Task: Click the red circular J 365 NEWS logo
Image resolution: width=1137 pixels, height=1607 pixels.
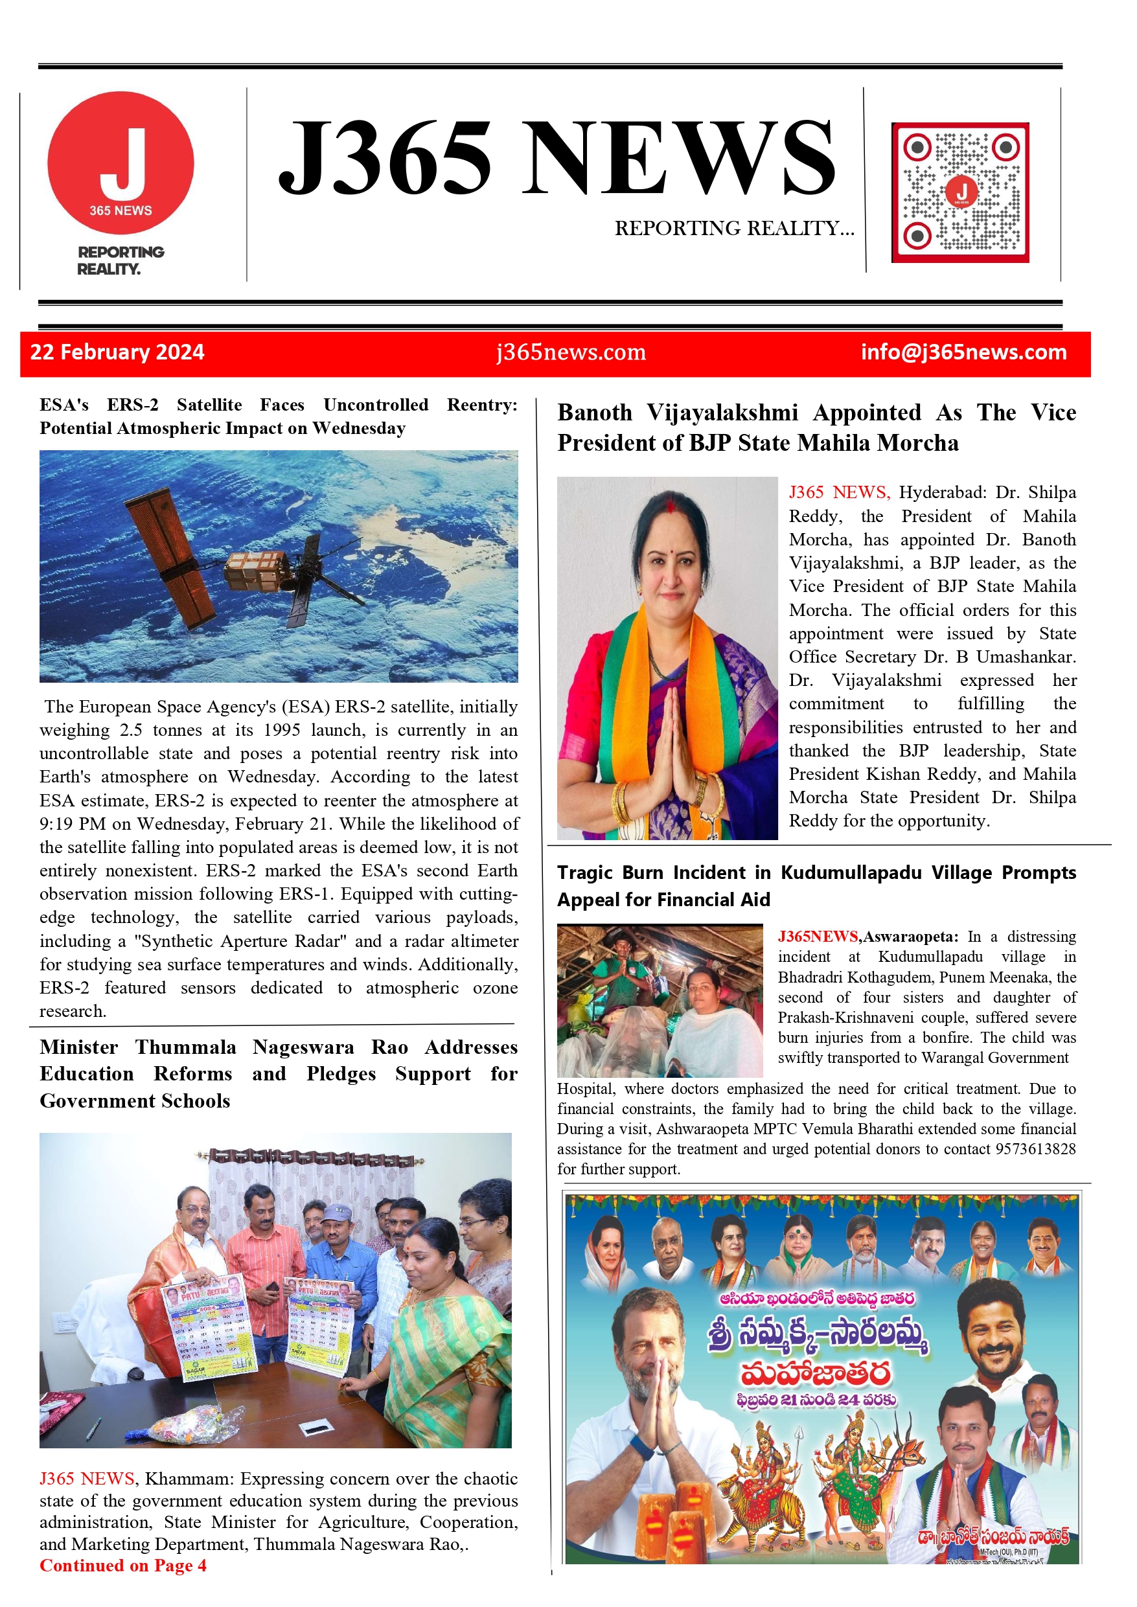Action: coord(121,163)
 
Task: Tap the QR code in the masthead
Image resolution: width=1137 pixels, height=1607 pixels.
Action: coord(960,192)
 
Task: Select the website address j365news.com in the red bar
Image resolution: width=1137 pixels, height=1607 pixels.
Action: coord(571,352)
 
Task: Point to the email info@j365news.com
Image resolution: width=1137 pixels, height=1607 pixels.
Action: coord(963,352)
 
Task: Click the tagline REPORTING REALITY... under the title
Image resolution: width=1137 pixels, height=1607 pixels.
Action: coord(734,228)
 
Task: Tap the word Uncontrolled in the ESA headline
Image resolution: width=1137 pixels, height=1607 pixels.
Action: coord(375,405)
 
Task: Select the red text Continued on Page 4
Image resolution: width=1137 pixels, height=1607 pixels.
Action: coord(123,1566)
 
